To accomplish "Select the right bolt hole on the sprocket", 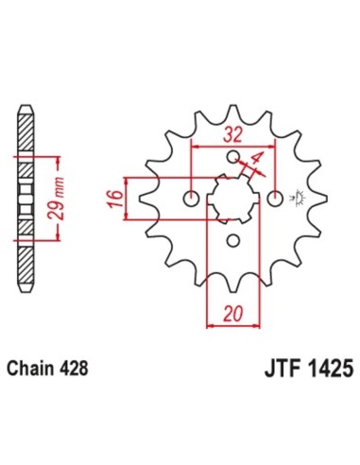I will (x=275, y=198).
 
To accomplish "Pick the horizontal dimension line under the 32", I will (x=233, y=146).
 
